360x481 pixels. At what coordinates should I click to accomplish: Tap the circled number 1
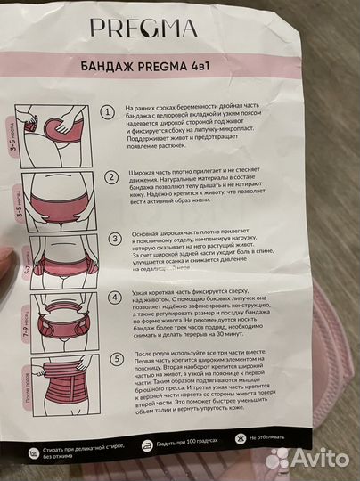107,113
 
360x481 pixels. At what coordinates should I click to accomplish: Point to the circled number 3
115,238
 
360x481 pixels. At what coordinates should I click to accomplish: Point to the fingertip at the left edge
7,258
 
